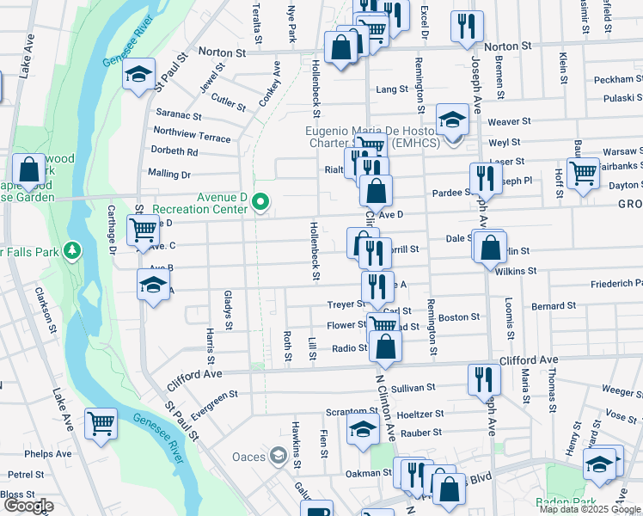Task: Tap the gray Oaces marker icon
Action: pos(278,456)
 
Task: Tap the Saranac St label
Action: pos(178,115)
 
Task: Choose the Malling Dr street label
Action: pos(169,175)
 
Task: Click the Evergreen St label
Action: pos(214,404)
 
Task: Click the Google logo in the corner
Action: pos(28,506)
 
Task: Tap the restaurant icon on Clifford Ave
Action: pos(484,379)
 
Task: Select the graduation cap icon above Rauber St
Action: pos(364,429)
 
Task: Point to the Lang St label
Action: pos(392,89)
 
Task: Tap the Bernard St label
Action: pos(548,306)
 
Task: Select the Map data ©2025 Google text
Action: pos(590,509)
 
